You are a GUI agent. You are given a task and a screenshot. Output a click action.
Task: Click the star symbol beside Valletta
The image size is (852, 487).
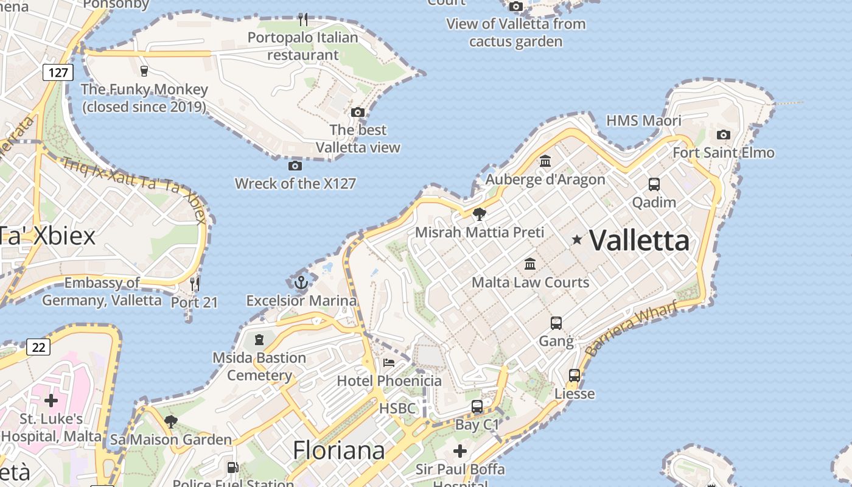[577, 240]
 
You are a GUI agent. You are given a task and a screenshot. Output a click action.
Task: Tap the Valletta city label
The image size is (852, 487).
[640, 240]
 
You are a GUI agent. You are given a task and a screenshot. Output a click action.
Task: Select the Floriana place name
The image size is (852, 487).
[339, 450]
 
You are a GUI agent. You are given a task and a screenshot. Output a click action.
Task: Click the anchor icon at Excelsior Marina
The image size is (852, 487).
[301, 282]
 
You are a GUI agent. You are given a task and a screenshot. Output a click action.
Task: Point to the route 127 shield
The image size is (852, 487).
[58, 73]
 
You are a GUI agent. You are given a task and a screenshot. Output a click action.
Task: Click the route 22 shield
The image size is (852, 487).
[38, 347]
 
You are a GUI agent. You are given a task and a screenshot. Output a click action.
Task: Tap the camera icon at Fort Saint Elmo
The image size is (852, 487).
[723, 135]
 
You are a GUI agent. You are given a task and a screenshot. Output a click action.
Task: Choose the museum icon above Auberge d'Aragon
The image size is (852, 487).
[545, 161]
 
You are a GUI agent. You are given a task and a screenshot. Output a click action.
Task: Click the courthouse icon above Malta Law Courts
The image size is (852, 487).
[530, 264]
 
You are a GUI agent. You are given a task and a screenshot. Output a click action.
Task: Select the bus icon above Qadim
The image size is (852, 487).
[654, 184]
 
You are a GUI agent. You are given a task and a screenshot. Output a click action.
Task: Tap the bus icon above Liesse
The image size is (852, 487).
[574, 376]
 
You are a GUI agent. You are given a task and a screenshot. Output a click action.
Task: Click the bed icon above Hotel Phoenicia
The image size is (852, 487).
[389, 363]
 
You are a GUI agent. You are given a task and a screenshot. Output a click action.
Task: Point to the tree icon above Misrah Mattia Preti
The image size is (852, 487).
[480, 214]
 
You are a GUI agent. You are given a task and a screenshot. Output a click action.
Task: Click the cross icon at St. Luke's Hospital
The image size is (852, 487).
[51, 401]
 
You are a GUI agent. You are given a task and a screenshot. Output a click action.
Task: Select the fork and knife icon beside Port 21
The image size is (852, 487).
[194, 284]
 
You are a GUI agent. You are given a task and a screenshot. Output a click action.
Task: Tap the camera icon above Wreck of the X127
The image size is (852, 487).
[295, 166]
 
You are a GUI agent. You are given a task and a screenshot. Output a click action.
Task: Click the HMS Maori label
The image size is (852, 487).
[644, 121]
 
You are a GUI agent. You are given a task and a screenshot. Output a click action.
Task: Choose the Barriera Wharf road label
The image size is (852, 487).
[630, 328]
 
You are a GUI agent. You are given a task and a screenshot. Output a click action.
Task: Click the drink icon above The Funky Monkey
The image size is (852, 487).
[144, 71]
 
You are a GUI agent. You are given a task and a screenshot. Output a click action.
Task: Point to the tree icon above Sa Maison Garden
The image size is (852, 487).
[170, 421]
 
